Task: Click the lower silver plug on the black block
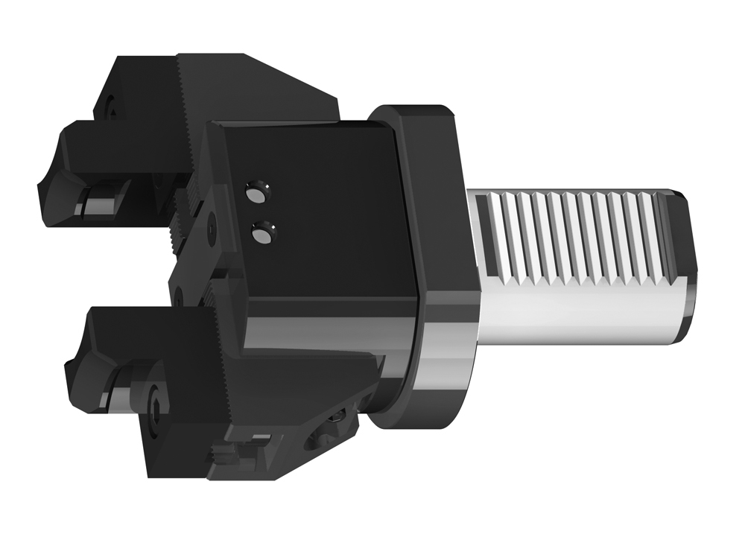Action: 263,235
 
